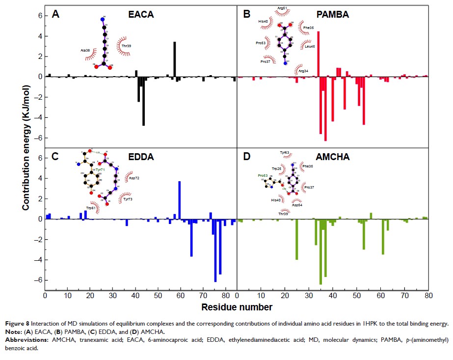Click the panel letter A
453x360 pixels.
pyautogui.click(x=56, y=14)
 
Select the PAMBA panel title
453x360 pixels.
pyautogui.click(x=332, y=15)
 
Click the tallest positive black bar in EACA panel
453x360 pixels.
pyautogui.click(x=174, y=59)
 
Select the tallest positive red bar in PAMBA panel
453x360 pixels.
pyautogui.click(x=318, y=54)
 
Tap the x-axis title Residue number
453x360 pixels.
pyautogui.click(x=237, y=307)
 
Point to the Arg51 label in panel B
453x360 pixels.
pyautogui.click(x=282, y=8)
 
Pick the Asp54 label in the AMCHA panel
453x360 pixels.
pyautogui.click(x=297, y=205)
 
